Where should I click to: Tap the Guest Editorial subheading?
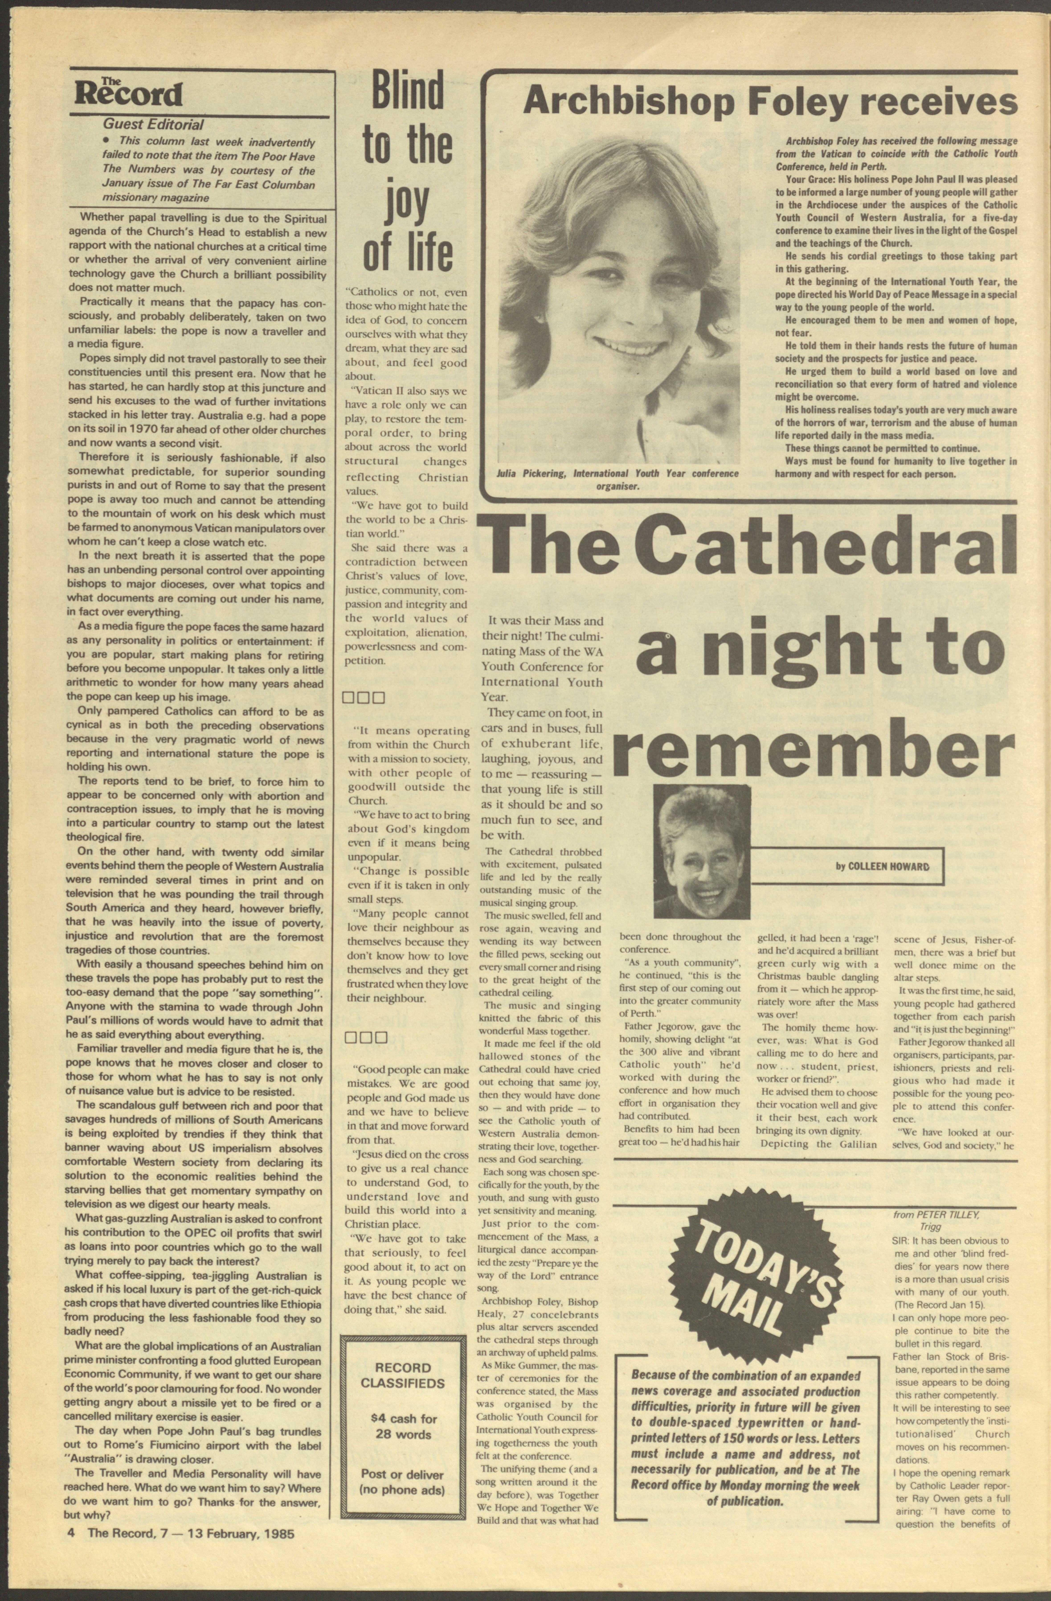click(x=153, y=125)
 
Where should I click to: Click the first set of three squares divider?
click(x=363, y=698)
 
